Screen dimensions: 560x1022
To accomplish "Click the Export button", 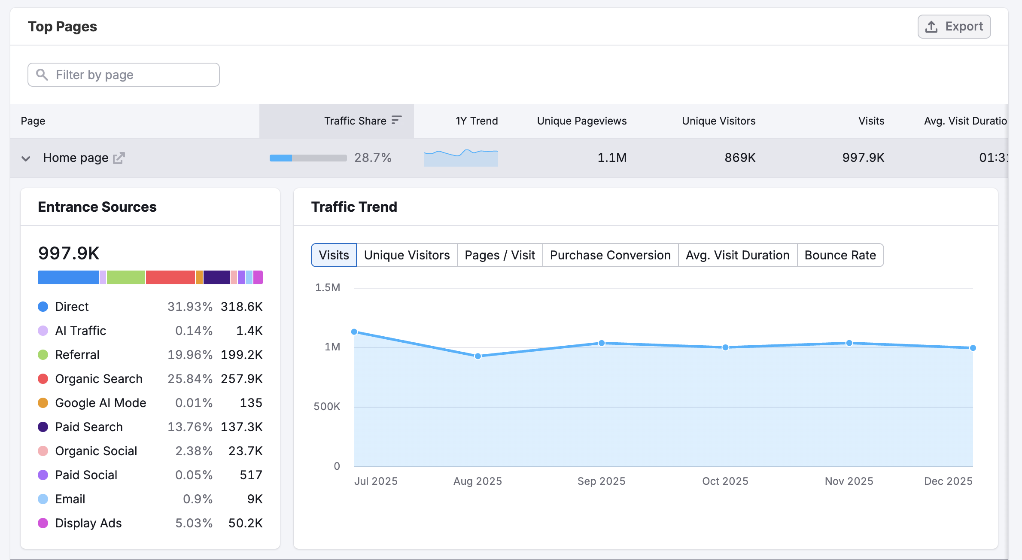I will coord(954,27).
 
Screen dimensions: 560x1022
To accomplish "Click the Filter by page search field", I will coord(124,75).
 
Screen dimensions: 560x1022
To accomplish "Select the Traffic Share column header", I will coord(355,121).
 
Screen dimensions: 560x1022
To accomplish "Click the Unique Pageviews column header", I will coord(581,121).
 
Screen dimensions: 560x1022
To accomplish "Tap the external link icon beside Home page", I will coord(119,158).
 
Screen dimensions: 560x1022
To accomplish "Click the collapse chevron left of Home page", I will coord(26,158).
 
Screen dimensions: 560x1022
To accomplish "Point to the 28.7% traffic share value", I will coord(373,158).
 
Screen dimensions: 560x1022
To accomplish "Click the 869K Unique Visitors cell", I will coord(739,158).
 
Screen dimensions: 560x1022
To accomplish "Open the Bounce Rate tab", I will coord(840,255).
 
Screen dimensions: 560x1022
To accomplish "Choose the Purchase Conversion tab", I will coord(610,255).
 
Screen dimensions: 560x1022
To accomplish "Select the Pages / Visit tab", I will coord(499,255).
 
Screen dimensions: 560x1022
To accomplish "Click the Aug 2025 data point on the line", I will coord(478,356).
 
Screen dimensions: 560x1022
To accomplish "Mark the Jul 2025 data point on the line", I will coord(354,332).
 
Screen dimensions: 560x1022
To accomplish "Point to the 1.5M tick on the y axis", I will coord(328,287).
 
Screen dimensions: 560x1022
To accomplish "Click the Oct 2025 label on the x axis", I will coord(725,481).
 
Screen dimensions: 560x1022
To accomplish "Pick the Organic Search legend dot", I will coord(43,379).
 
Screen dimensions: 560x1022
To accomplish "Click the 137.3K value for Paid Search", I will coord(241,427).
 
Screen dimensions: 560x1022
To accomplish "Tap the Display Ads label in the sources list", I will coord(88,523).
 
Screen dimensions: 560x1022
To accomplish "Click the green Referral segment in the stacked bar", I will coord(126,277).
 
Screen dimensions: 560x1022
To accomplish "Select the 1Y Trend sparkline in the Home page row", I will coord(461,158).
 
